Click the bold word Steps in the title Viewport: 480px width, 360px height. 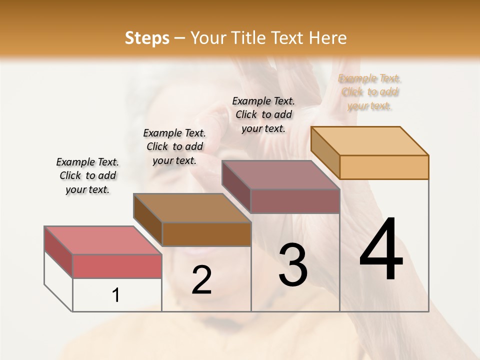tap(147, 38)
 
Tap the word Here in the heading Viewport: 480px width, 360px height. tap(328, 38)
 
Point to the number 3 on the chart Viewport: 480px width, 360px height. tap(293, 265)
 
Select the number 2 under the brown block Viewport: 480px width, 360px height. tap(201, 280)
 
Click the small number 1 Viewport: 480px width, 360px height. tap(116, 295)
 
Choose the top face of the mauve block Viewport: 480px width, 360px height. tap(280, 174)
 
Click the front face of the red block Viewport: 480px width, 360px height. tap(117, 266)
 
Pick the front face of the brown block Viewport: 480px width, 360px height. tap(206, 234)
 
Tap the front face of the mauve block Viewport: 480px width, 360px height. tap(295, 201)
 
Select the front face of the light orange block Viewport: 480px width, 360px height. tap(384, 167)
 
